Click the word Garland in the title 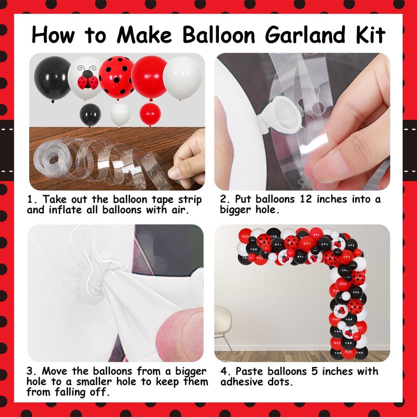pyautogui.click(x=305, y=35)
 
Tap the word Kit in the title pyautogui.click(x=370, y=34)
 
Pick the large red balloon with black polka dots pyautogui.click(x=116, y=78)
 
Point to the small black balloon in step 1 pyautogui.click(x=90, y=115)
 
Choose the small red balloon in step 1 pyautogui.click(x=150, y=115)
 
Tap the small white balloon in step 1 pyautogui.click(x=120, y=115)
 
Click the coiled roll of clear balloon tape pyautogui.click(x=51, y=159)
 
